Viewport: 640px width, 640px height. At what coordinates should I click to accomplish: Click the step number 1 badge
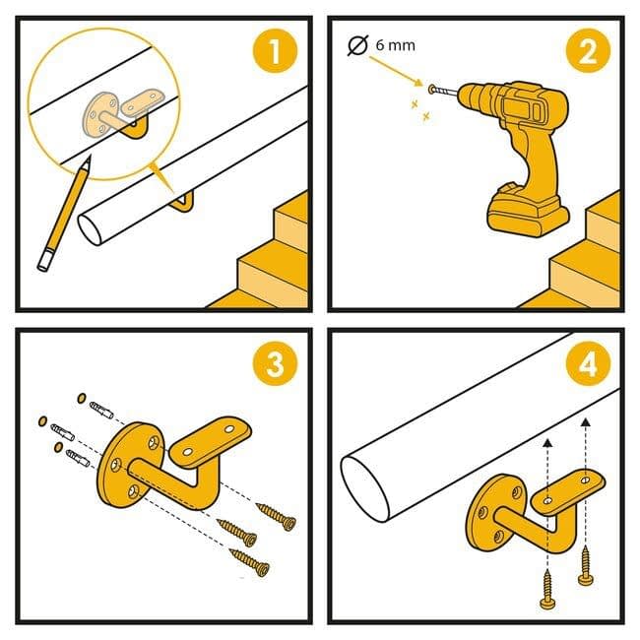[x=275, y=51]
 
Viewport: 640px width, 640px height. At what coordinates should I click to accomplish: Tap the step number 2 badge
[x=588, y=51]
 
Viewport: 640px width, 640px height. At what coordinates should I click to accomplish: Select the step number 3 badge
[x=275, y=363]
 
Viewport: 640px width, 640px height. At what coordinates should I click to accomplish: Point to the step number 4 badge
[x=588, y=363]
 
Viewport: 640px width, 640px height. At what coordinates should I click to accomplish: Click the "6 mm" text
[x=395, y=45]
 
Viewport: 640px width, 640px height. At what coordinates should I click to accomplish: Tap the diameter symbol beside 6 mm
[x=357, y=45]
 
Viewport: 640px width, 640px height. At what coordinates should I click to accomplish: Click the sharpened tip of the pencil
[x=89, y=158]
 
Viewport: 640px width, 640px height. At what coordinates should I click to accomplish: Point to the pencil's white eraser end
[x=45, y=261]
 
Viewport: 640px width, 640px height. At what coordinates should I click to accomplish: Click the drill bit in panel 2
[x=446, y=92]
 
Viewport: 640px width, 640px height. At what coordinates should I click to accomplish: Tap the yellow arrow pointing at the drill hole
[x=396, y=72]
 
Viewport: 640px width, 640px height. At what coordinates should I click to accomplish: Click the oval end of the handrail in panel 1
[x=90, y=229]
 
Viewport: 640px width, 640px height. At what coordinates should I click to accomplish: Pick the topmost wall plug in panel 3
[x=101, y=410]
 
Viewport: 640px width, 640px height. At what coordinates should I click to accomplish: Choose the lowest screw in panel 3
[x=249, y=562]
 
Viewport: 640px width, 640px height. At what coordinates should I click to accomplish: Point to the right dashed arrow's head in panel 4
[x=586, y=422]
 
